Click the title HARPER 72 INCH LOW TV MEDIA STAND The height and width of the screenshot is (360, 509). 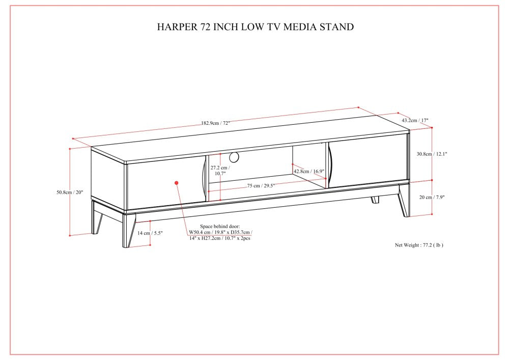coord(255,26)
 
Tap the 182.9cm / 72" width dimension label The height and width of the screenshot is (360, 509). coord(215,123)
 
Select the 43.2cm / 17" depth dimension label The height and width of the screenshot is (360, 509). coord(415,120)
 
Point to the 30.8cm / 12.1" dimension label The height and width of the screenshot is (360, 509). coord(432,154)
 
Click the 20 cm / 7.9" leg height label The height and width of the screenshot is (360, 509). coord(432,197)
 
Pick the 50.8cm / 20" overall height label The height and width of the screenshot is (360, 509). coord(70,192)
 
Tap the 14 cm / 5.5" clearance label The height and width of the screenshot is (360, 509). coord(150,233)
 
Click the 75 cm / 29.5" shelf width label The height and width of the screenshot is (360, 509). coord(261,186)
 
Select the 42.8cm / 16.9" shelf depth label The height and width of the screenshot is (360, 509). coord(309,171)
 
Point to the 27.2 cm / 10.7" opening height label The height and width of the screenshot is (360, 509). coord(220,171)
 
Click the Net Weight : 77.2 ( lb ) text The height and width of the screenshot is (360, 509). coord(419,245)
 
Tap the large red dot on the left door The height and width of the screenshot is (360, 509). coord(177,183)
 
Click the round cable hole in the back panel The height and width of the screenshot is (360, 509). coord(234,157)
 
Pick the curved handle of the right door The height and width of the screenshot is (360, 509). coord(330,164)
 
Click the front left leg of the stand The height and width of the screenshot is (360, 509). coord(129,230)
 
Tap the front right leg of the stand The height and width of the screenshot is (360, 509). coord(405,200)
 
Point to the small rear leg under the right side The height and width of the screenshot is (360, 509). coord(375,200)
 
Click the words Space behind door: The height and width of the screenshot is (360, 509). coord(220,226)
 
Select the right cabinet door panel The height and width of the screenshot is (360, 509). coord(367,161)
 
